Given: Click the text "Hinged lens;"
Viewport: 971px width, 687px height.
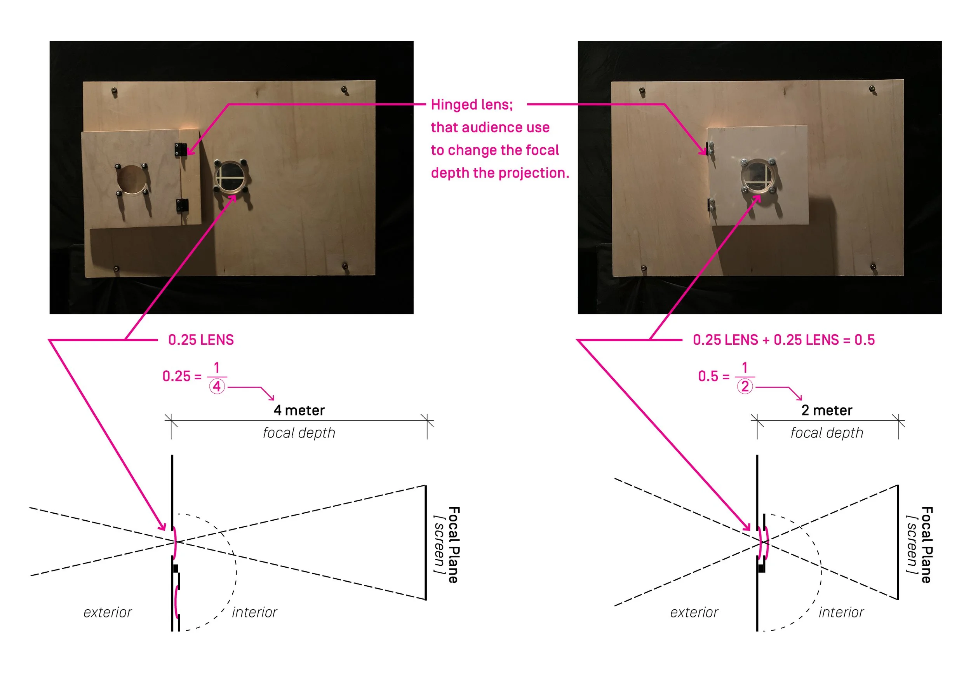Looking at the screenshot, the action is coord(472,105).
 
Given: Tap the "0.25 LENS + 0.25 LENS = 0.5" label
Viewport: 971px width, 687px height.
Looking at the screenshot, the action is coord(783,340).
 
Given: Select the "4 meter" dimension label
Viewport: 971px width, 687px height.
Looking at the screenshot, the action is coord(299,410).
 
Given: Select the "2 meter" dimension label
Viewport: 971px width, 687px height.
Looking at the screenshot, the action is coord(827,410).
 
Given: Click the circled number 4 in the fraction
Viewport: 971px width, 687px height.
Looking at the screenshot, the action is coord(216,386).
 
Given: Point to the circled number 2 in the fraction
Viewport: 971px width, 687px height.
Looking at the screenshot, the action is coord(745,386).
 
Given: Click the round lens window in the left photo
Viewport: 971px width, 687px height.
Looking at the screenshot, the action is coord(230,177).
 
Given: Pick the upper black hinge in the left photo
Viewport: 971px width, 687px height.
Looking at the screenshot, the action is coord(181,150).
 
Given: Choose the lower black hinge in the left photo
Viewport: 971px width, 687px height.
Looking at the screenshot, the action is coord(182,206).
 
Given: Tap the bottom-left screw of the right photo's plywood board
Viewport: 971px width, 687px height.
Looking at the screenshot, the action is coord(644,268).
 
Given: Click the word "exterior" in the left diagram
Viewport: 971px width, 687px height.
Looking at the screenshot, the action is coord(108,612).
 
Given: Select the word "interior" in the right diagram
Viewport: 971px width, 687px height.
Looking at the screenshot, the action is coord(841,612).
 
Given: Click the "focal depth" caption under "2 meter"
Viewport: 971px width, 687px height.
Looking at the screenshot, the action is coord(827,433).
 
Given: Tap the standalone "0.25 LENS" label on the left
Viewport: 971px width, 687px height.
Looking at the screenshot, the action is coord(201,340).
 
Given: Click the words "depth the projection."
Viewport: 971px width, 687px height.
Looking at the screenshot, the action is coord(500,173).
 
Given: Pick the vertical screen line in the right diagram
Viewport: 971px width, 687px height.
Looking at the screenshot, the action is coord(898,542).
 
